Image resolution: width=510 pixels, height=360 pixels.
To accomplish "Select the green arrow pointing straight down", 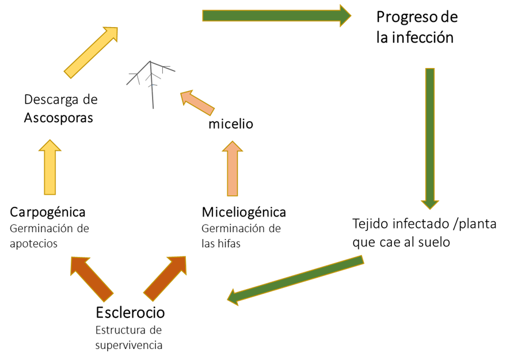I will pyautogui.click(x=430, y=138).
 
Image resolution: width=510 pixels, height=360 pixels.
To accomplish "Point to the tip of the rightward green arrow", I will pyautogui.click(x=350, y=16).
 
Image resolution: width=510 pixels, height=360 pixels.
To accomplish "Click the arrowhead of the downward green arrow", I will pyautogui.click(x=430, y=208).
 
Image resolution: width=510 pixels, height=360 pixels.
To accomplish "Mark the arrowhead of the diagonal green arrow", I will pyautogui.click(x=229, y=298).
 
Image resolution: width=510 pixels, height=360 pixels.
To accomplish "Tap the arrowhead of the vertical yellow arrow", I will pyautogui.click(x=50, y=141).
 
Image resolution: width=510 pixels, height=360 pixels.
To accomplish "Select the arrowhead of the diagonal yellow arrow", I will pyautogui.click(x=116, y=28).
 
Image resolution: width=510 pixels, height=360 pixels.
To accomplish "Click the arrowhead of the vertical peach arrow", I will pyautogui.click(x=233, y=142).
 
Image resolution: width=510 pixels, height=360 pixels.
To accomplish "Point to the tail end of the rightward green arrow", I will pyautogui.click(x=204, y=16).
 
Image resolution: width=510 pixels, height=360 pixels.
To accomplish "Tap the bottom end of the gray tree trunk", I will pyautogui.click(x=154, y=108).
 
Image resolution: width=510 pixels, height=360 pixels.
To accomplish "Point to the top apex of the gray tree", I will pyautogui.click(x=150, y=61).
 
